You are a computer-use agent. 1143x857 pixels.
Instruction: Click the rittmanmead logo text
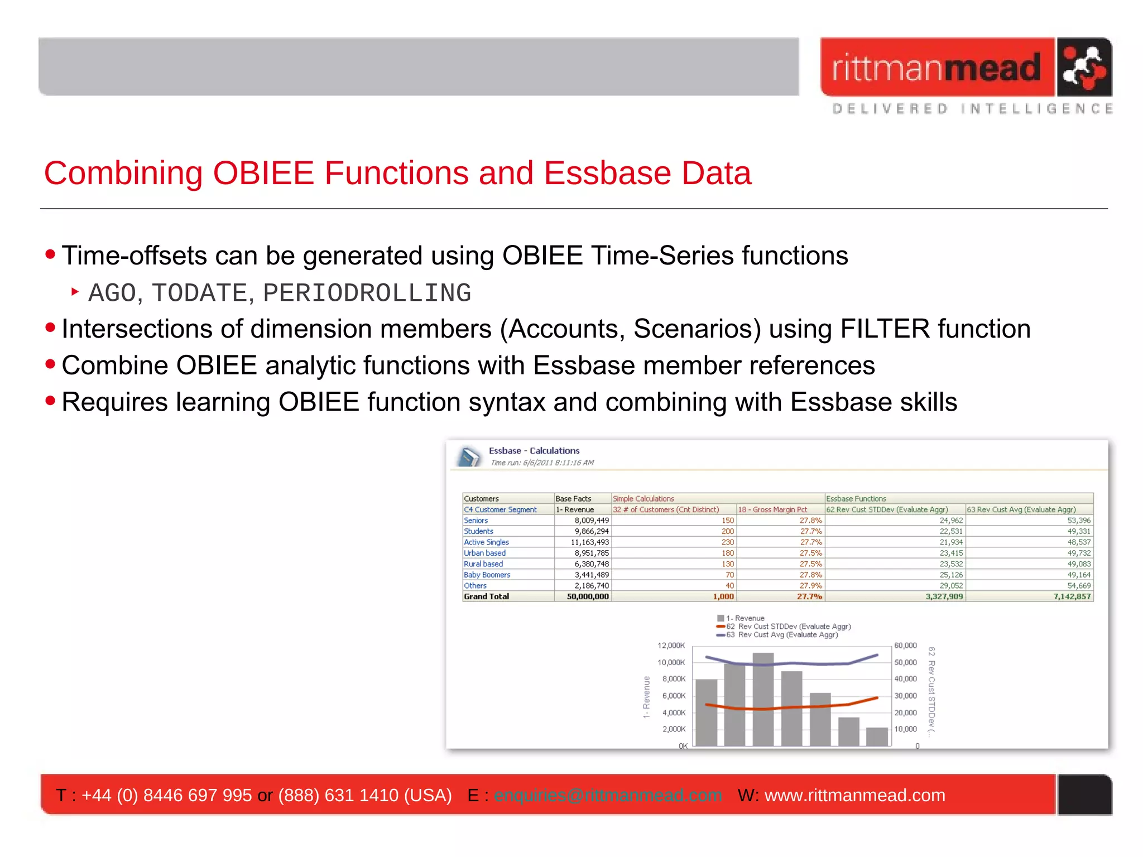[937, 68]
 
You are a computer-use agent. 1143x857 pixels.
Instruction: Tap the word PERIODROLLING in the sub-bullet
[367, 293]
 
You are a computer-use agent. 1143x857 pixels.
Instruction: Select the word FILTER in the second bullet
[885, 329]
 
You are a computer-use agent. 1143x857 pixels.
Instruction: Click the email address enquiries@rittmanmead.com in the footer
[607, 795]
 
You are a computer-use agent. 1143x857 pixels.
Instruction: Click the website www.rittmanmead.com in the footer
[854, 795]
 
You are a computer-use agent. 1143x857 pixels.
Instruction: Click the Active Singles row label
[486, 542]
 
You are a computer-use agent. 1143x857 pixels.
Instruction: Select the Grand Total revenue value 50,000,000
[587, 596]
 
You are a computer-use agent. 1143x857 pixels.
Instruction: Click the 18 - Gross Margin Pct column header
[772, 509]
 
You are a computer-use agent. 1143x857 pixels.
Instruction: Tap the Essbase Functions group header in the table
[856, 499]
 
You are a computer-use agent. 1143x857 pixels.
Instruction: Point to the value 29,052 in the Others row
[951, 586]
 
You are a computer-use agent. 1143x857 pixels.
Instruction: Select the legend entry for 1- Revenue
[745, 618]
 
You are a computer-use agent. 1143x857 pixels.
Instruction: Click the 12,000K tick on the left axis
[671, 646]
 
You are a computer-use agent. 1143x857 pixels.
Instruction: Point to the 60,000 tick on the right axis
[905, 646]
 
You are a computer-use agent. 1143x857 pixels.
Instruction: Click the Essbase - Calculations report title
[534, 451]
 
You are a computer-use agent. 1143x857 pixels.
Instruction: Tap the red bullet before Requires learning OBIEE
[50, 401]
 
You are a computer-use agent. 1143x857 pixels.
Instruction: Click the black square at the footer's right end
[1084, 795]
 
